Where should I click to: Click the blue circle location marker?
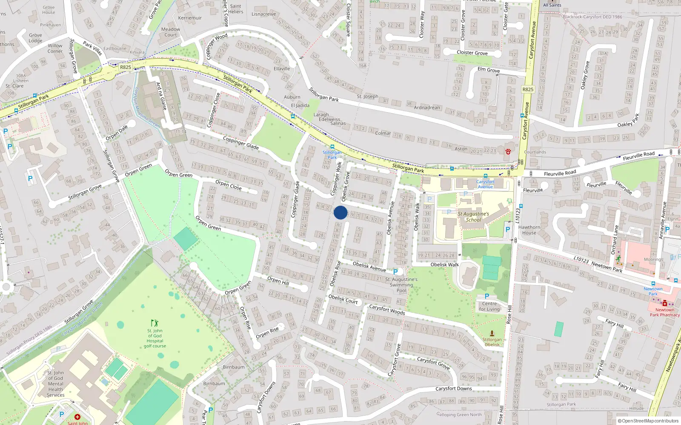tap(340, 212)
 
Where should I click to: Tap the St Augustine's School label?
tap(473, 217)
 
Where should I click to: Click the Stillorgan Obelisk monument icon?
tap(492, 334)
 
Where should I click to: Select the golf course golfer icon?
tap(155, 323)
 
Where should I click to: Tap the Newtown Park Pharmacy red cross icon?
tap(664, 303)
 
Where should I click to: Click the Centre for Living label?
tap(489, 306)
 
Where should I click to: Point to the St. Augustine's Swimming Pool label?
tap(401, 285)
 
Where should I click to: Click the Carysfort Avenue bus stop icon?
tap(486, 176)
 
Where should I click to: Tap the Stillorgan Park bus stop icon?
tap(332, 147)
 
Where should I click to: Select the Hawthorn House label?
tap(529, 230)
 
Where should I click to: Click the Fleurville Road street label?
tap(560, 173)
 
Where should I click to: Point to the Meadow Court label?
tap(170, 32)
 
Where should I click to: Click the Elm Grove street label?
tap(488, 70)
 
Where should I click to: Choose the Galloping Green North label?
tap(459, 414)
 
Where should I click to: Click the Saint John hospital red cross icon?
tap(77, 417)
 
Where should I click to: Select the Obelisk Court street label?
tap(343, 299)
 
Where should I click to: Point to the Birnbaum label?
tap(234, 367)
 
